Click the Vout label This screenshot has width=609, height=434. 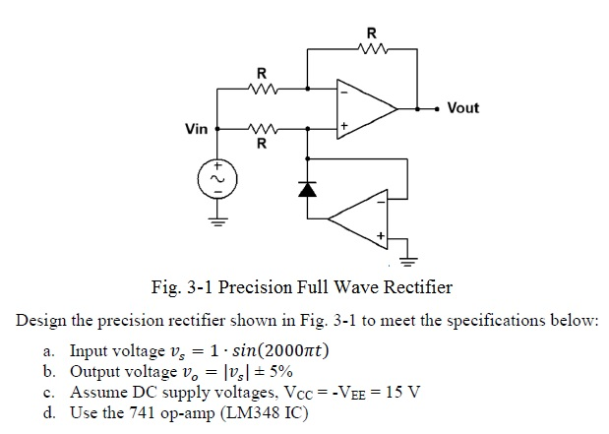click(x=462, y=107)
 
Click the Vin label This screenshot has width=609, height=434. click(x=197, y=129)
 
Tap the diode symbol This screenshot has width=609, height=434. click(x=309, y=185)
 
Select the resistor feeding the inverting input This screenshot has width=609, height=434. click(x=261, y=89)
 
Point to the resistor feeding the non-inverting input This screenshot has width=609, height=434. click(x=261, y=128)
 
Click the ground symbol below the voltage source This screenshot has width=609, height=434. click(x=214, y=220)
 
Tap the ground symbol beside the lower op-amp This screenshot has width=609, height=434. click(x=407, y=260)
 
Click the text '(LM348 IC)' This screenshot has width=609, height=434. click(x=263, y=411)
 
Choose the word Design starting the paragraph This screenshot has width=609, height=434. click(x=41, y=322)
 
